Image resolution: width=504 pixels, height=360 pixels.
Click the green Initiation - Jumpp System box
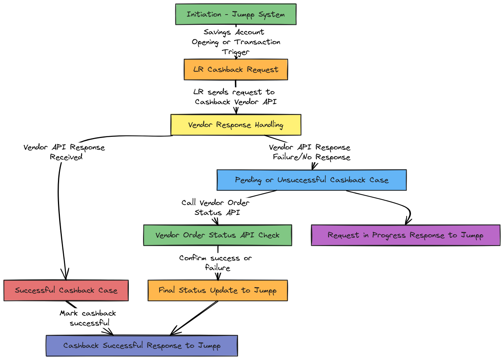(236, 14)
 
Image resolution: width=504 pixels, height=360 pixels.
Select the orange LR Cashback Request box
(236, 69)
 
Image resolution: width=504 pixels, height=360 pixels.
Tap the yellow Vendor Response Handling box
(236, 125)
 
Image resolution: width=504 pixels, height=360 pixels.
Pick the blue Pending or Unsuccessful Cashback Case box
(312, 180)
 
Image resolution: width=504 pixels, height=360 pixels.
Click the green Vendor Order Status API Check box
(218, 235)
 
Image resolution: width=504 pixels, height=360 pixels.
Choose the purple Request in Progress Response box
(405, 235)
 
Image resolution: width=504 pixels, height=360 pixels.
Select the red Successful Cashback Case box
(66, 291)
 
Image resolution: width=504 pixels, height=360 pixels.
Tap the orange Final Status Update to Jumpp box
(218, 291)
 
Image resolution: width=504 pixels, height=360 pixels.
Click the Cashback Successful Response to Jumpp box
(142, 345)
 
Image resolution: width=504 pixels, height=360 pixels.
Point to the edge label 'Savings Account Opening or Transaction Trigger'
(236, 42)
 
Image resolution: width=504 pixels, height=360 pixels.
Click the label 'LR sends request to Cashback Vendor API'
(235, 97)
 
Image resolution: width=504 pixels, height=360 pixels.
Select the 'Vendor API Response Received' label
(65, 152)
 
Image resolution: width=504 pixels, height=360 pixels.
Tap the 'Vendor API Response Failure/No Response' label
(310, 152)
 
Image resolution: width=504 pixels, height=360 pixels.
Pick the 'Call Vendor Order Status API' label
(216, 207)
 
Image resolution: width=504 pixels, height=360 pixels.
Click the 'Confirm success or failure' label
(216, 263)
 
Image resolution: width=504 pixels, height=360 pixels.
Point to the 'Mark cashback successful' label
(88, 318)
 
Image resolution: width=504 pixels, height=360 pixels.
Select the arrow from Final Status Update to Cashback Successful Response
(194, 318)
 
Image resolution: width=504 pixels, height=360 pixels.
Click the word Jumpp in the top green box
(243, 15)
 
